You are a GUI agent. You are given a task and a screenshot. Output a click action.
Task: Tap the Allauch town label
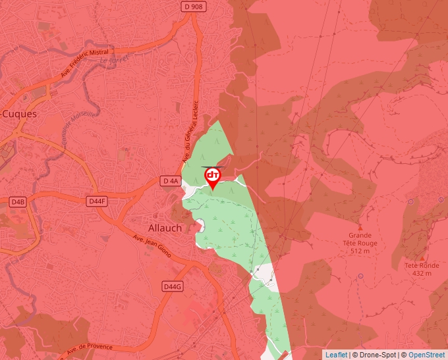tap(164, 228)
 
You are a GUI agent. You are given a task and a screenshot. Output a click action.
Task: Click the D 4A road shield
tap(170, 180)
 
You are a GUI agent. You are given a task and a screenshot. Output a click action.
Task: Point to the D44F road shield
tap(97, 201)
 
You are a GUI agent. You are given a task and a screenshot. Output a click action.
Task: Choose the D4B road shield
tap(16, 201)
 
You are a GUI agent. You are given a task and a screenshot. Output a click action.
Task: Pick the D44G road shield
tap(172, 286)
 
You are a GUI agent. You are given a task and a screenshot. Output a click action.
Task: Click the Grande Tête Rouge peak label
tap(360, 239)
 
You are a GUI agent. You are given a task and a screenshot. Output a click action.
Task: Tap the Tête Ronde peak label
tap(421, 265)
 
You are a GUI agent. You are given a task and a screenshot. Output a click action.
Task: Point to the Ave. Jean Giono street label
tap(156, 249)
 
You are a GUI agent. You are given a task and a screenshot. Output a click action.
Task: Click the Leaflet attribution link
tap(336, 355)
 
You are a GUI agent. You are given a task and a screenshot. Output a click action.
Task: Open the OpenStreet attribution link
tap(426, 355)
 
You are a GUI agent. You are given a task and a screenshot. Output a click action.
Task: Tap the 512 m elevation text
tap(360, 251)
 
